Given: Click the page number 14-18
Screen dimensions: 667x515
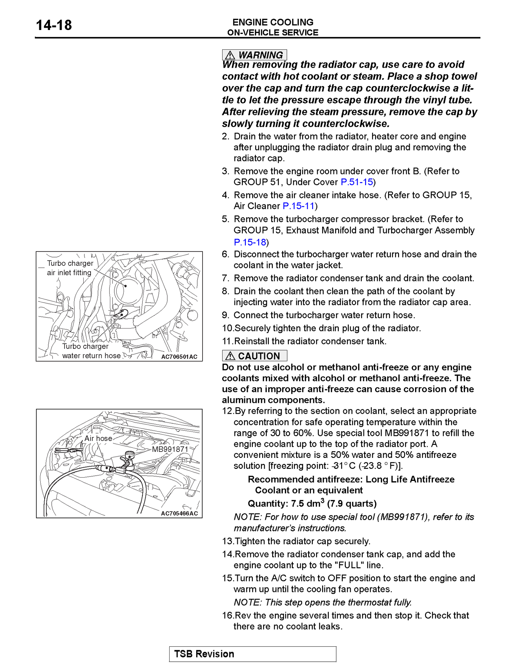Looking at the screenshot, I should (54, 25).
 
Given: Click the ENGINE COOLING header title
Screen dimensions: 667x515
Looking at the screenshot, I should (272, 22).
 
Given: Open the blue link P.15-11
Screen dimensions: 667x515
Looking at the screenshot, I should (298, 206).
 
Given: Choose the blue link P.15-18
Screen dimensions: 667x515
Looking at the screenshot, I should (250, 242).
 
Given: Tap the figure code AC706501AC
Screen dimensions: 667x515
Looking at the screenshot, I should (179, 357).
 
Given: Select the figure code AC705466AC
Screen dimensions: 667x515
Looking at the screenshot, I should (179, 514).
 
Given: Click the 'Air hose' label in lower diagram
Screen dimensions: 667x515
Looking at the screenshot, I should (98, 439).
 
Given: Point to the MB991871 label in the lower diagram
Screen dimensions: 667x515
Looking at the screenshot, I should (170, 449).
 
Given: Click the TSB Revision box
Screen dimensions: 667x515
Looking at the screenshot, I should (253, 654).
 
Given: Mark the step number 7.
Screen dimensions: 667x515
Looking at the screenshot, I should (226, 278).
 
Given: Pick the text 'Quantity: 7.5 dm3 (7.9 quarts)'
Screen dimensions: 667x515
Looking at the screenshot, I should (312, 504).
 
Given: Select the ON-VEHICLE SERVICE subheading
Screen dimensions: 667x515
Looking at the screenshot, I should (272, 33).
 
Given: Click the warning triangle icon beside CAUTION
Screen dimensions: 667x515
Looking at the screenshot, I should (230, 356).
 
